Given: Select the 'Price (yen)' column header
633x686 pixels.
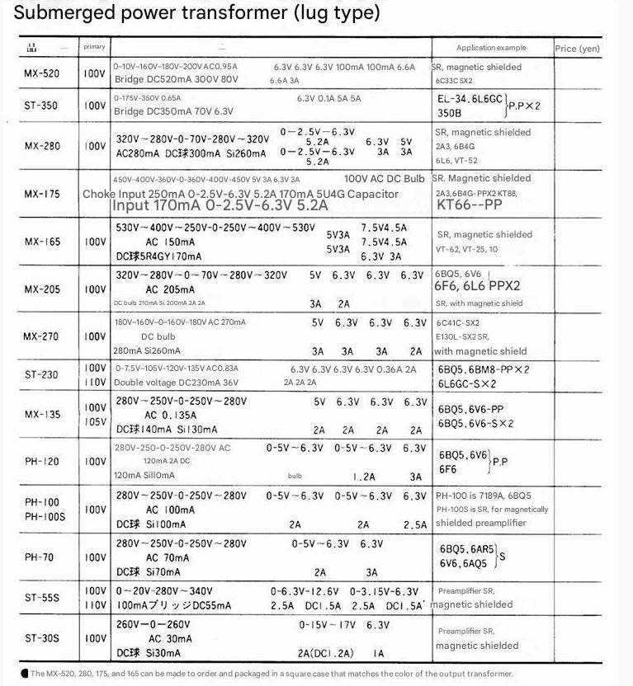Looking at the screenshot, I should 577,49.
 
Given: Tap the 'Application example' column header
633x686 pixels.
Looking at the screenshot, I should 490,48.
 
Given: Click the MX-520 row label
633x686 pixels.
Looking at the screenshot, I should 42,73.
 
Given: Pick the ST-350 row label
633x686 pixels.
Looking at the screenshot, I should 42,105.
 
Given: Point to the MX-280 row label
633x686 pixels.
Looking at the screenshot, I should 42,146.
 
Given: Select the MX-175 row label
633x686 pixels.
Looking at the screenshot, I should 42,194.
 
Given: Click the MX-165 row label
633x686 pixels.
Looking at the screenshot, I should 42,242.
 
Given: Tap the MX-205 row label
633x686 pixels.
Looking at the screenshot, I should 42,289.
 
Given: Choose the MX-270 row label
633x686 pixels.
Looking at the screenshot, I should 42,336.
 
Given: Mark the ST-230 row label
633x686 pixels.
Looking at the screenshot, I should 42,374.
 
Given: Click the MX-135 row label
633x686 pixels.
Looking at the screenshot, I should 42,414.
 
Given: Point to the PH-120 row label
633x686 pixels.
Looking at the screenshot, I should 42,463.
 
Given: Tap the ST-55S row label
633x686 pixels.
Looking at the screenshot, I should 42,598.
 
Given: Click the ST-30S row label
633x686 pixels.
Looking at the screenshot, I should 42,637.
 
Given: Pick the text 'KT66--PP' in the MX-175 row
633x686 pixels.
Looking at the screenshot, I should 469,204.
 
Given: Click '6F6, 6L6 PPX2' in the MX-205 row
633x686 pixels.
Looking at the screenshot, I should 478,286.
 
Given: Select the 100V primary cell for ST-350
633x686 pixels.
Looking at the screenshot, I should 94,106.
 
